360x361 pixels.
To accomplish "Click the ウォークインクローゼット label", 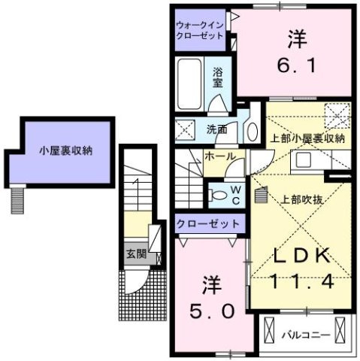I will [x=199, y=29].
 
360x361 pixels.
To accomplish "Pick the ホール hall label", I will [x=221, y=156].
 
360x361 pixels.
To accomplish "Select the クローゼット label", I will [x=209, y=223].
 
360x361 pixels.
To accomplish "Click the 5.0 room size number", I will [x=210, y=309].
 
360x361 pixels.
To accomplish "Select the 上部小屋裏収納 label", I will [x=307, y=138].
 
